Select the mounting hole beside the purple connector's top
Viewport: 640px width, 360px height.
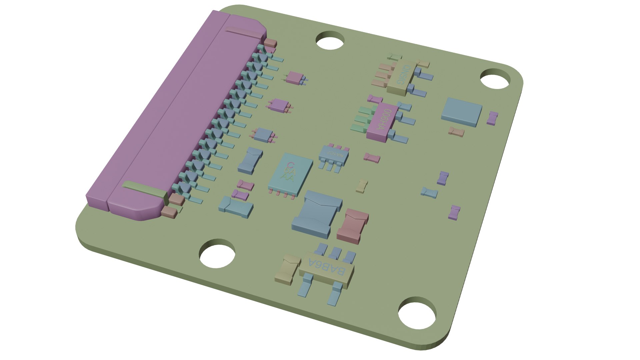pyautogui.click(x=330, y=40)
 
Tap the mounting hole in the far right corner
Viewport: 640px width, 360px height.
pyautogui.click(x=495, y=79)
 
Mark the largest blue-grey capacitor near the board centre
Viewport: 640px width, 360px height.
pyautogui.click(x=317, y=213)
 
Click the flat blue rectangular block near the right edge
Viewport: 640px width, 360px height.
pyautogui.click(x=462, y=112)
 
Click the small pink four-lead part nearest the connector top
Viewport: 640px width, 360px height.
pyautogui.click(x=295, y=78)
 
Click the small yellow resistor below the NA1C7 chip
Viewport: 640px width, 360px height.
pyautogui.click(x=362, y=186)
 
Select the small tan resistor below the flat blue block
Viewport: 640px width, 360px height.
pyautogui.click(x=457, y=132)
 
